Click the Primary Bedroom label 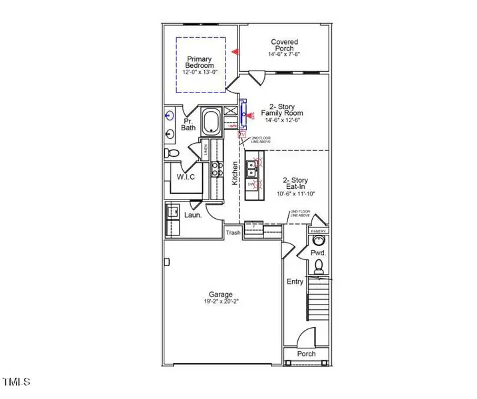point(200,62)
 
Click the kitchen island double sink point(253,172)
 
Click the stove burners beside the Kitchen point(217,170)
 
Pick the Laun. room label point(193,215)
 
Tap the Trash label point(232,232)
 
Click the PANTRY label point(317,231)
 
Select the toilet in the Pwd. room point(318,267)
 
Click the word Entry point(295,282)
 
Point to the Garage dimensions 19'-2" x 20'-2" point(221,302)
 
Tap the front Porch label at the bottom point(306,354)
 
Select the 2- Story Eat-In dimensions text point(295,194)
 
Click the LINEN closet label point(206,150)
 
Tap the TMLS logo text point(17,382)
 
